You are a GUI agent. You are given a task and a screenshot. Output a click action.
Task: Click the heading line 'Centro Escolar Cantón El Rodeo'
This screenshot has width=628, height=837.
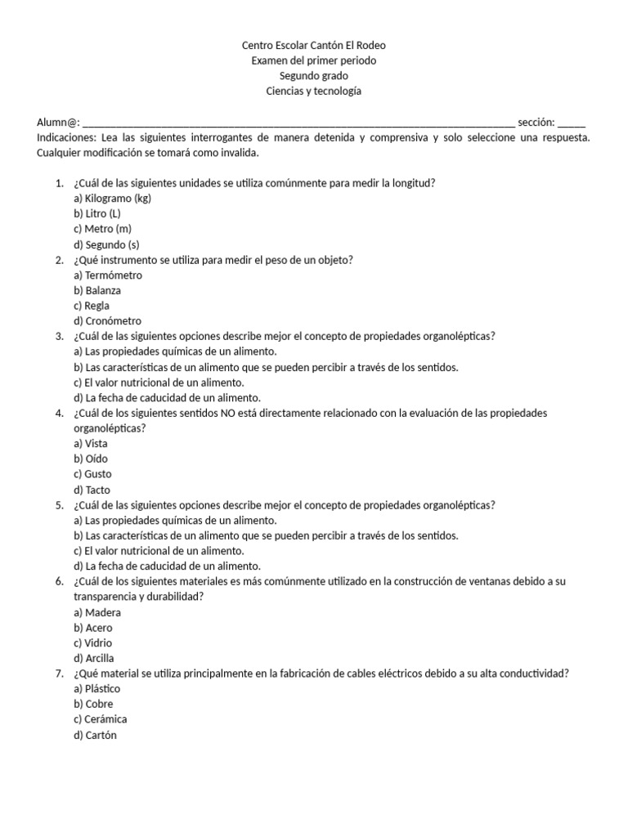coord(314,45)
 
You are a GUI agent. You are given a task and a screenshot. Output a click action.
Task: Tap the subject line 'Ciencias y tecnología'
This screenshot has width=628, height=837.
coord(314,91)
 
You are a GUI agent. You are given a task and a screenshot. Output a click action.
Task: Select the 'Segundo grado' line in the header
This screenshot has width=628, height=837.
coord(314,76)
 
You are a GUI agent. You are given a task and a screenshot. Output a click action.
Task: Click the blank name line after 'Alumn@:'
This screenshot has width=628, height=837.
coord(298,123)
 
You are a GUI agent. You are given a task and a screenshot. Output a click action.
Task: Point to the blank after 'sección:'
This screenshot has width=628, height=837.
coord(572,123)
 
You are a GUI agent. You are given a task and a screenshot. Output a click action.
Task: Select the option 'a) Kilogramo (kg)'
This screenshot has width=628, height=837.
coord(112,199)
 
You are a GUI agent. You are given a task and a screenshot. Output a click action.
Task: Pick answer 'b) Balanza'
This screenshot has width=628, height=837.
coord(97,290)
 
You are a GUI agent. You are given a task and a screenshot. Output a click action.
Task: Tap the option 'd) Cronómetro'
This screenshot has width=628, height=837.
coord(107,320)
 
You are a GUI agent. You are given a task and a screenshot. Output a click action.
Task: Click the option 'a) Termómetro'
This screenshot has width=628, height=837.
coord(108,275)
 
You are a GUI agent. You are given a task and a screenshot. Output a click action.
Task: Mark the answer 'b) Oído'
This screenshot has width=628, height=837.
coord(91,459)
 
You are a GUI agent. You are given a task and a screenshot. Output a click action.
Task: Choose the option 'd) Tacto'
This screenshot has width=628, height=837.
coord(92,490)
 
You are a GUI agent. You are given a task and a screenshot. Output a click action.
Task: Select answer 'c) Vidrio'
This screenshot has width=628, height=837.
coord(93,642)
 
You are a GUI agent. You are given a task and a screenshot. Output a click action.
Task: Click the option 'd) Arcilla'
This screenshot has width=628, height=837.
coord(94,658)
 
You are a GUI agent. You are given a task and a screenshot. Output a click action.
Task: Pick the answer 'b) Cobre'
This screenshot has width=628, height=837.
coord(93,704)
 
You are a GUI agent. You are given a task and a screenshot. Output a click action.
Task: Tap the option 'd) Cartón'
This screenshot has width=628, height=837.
coord(95,735)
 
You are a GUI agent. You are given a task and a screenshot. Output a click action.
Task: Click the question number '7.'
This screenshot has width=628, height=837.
coord(60,674)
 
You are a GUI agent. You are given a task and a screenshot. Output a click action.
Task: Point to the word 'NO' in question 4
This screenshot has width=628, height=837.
coord(227,413)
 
